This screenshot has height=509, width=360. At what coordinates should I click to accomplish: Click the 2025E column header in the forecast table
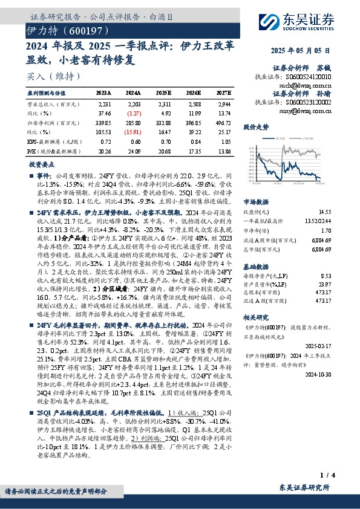[x=164, y=94]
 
